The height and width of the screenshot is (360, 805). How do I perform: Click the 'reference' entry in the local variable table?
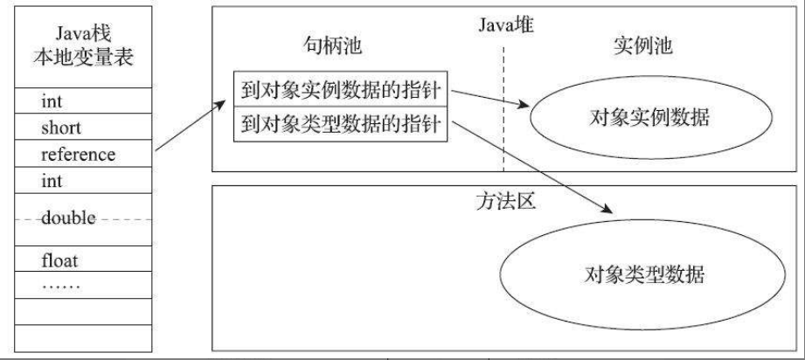[x=78, y=154]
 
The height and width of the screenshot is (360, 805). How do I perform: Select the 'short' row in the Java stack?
[x=60, y=128]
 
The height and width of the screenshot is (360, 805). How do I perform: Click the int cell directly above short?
[x=52, y=102]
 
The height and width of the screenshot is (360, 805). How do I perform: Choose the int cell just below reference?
[x=52, y=181]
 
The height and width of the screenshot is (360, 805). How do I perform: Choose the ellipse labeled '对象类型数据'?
[x=644, y=276]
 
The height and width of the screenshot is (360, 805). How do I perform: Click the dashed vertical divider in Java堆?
[x=504, y=105]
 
